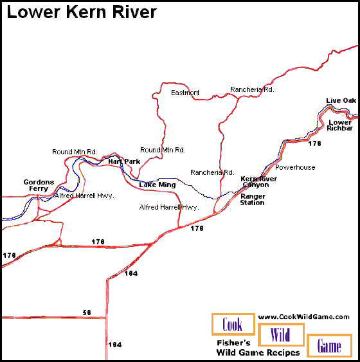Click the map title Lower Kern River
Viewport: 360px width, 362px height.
click(82, 12)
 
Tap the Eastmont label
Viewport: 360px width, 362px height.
click(185, 93)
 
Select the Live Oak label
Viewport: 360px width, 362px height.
click(341, 101)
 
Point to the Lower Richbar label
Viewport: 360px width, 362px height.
click(340, 125)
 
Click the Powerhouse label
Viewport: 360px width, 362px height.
click(295, 167)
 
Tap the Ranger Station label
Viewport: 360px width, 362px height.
click(253, 199)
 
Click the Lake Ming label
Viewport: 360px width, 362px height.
click(157, 185)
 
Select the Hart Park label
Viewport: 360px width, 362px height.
click(124, 161)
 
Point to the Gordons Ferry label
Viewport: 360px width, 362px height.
click(39, 186)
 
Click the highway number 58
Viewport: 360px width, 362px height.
click(87, 312)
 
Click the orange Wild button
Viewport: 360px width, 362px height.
click(281, 335)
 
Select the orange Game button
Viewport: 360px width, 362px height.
click(329, 346)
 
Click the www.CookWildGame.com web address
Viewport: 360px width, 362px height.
click(303, 316)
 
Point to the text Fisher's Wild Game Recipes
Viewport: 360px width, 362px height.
click(258, 348)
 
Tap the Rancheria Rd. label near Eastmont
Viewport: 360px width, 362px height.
click(253, 90)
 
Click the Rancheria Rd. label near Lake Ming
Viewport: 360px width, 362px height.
click(212, 172)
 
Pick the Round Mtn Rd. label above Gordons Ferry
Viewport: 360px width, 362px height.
click(75, 152)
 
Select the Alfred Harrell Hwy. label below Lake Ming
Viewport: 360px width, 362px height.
click(169, 208)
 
